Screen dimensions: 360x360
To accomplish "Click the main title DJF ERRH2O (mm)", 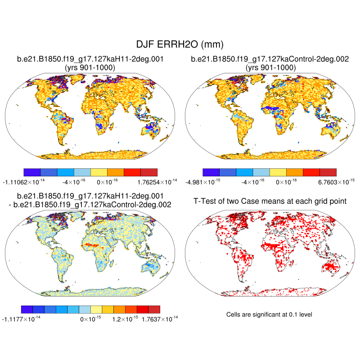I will (180, 44).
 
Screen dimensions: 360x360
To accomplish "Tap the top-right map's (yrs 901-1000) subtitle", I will (270, 67).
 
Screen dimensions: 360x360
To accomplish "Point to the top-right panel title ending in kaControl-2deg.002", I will (270, 59).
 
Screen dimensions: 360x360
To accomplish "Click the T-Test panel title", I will (270, 201).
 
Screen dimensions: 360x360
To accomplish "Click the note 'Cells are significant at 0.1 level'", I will (270, 314).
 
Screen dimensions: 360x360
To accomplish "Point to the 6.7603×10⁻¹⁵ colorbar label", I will (320, 182).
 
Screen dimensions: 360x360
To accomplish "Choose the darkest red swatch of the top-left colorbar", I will (149, 172).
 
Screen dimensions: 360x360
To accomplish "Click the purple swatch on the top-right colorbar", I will (211, 172).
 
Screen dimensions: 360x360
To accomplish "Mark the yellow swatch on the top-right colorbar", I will (278, 172).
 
